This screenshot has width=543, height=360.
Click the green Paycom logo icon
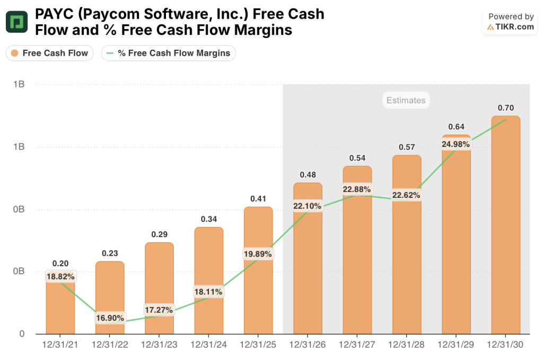(16, 22)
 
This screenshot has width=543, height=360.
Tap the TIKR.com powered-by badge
(510, 22)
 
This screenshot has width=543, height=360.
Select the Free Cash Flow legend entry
(49, 53)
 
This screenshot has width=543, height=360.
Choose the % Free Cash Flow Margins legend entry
(168, 53)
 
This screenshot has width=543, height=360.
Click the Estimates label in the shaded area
(406, 100)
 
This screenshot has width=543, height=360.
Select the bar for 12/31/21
(60, 303)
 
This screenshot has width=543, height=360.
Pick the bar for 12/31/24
(209, 280)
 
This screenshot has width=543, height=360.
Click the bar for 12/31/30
(505, 225)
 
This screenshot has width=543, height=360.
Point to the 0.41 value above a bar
(258, 199)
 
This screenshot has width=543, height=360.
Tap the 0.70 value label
(505, 108)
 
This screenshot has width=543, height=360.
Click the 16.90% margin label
(110, 318)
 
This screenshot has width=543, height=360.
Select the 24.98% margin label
(456, 144)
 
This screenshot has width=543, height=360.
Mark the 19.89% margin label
(258, 254)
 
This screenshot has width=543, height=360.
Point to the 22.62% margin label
(406, 195)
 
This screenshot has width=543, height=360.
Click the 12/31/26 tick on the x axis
(308, 345)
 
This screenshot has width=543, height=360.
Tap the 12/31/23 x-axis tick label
(159, 345)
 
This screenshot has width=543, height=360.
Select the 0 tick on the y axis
(22, 333)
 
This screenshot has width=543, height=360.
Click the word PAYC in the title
(54, 14)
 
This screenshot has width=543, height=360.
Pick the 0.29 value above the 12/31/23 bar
(159, 234)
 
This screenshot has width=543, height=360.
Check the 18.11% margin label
(208, 292)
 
